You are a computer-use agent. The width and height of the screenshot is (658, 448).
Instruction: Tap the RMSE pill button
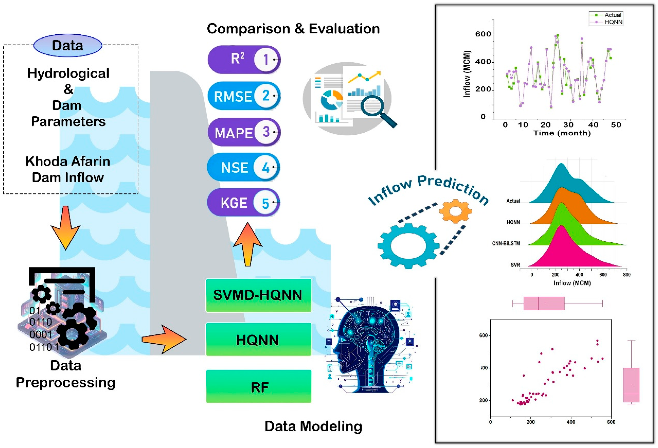point(243,96)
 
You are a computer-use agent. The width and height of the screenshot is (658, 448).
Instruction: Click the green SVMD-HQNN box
point(258,295)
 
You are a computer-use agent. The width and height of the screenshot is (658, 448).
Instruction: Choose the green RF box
point(258,387)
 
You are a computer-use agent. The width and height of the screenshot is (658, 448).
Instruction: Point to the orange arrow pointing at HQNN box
point(164,339)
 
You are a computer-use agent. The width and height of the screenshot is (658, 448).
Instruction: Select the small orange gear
point(455,211)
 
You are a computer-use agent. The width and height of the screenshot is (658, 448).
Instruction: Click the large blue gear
point(408,245)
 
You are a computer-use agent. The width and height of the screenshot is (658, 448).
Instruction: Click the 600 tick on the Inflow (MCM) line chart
point(483,34)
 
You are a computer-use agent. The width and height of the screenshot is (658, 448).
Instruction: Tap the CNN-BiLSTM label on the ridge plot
point(506,243)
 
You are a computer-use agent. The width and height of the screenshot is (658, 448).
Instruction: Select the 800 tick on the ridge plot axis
point(627,274)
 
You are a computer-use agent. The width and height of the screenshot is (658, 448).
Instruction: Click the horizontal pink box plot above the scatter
point(544,303)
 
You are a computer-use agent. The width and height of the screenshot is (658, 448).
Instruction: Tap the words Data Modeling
point(313,426)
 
